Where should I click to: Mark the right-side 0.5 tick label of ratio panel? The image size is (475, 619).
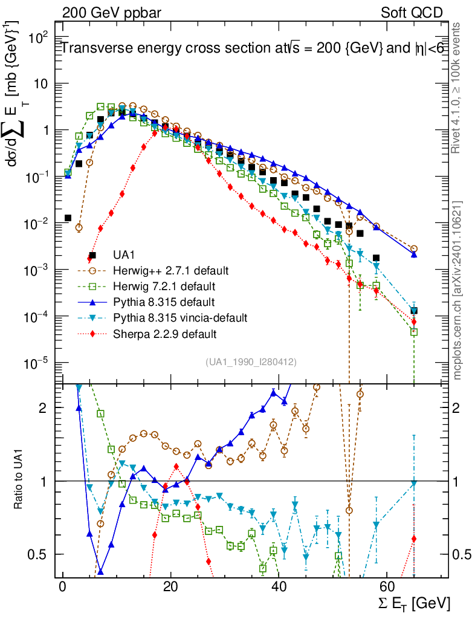pyautogui.click(x=462, y=554)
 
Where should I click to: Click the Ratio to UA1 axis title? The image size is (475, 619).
pyautogui.click(x=18, y=481)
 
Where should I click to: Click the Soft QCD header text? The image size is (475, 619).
pyautogui.click(x=412, y=13)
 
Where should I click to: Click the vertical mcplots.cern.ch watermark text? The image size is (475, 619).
pyautogui.click(x=458, y=290)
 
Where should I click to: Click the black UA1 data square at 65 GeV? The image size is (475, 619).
pyautogui.click(x=414, y=311)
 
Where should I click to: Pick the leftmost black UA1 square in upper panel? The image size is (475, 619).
pyautogui.click(x=68, y=218)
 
